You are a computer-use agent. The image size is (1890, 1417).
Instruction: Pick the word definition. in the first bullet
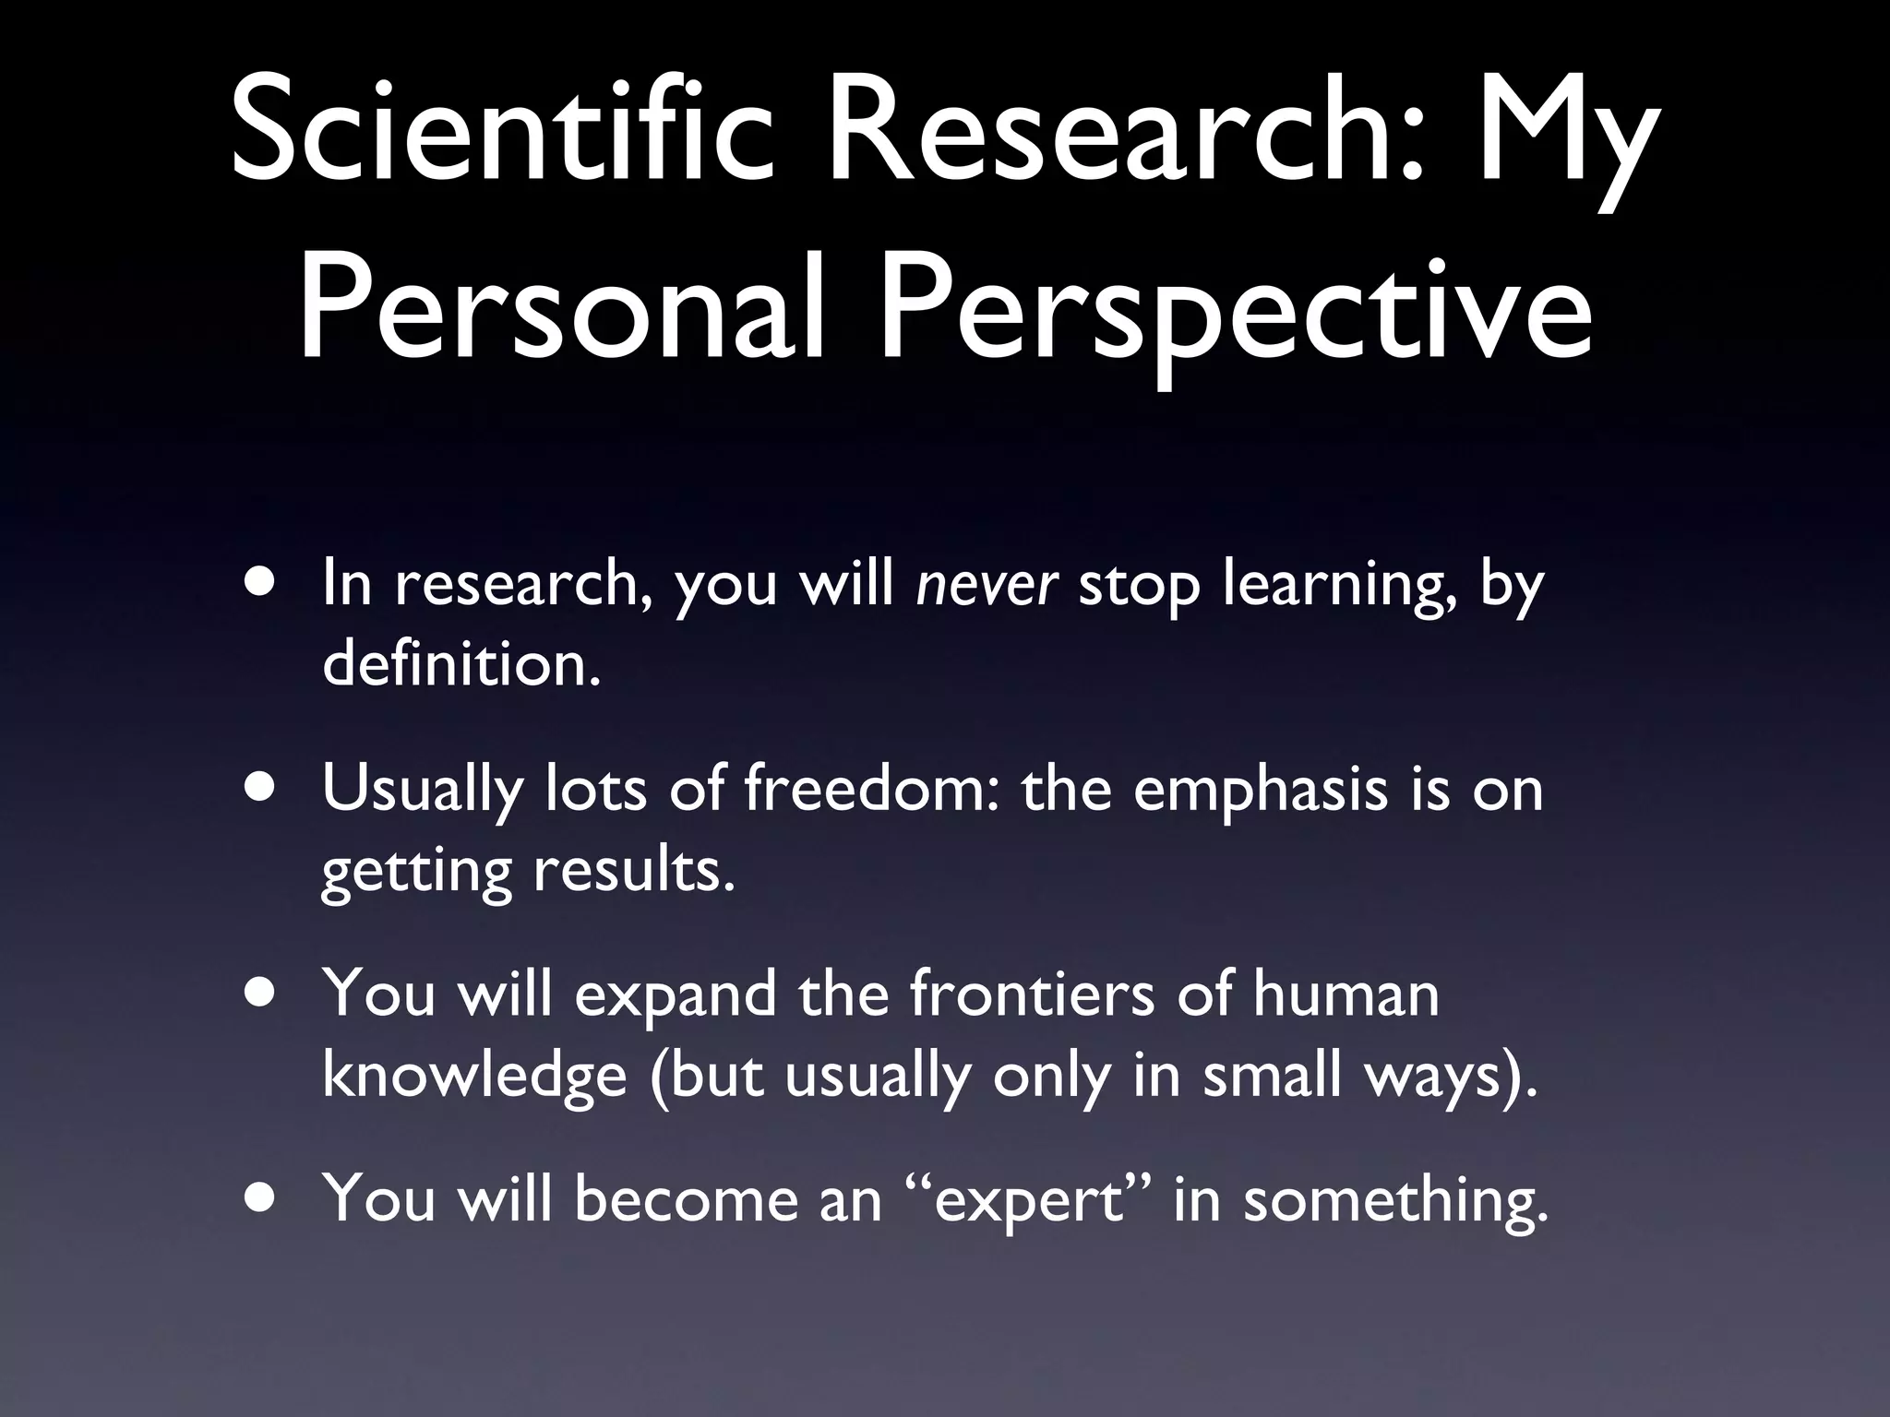(461, 664)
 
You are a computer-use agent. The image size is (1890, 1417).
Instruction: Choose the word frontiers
(1032, 995)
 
